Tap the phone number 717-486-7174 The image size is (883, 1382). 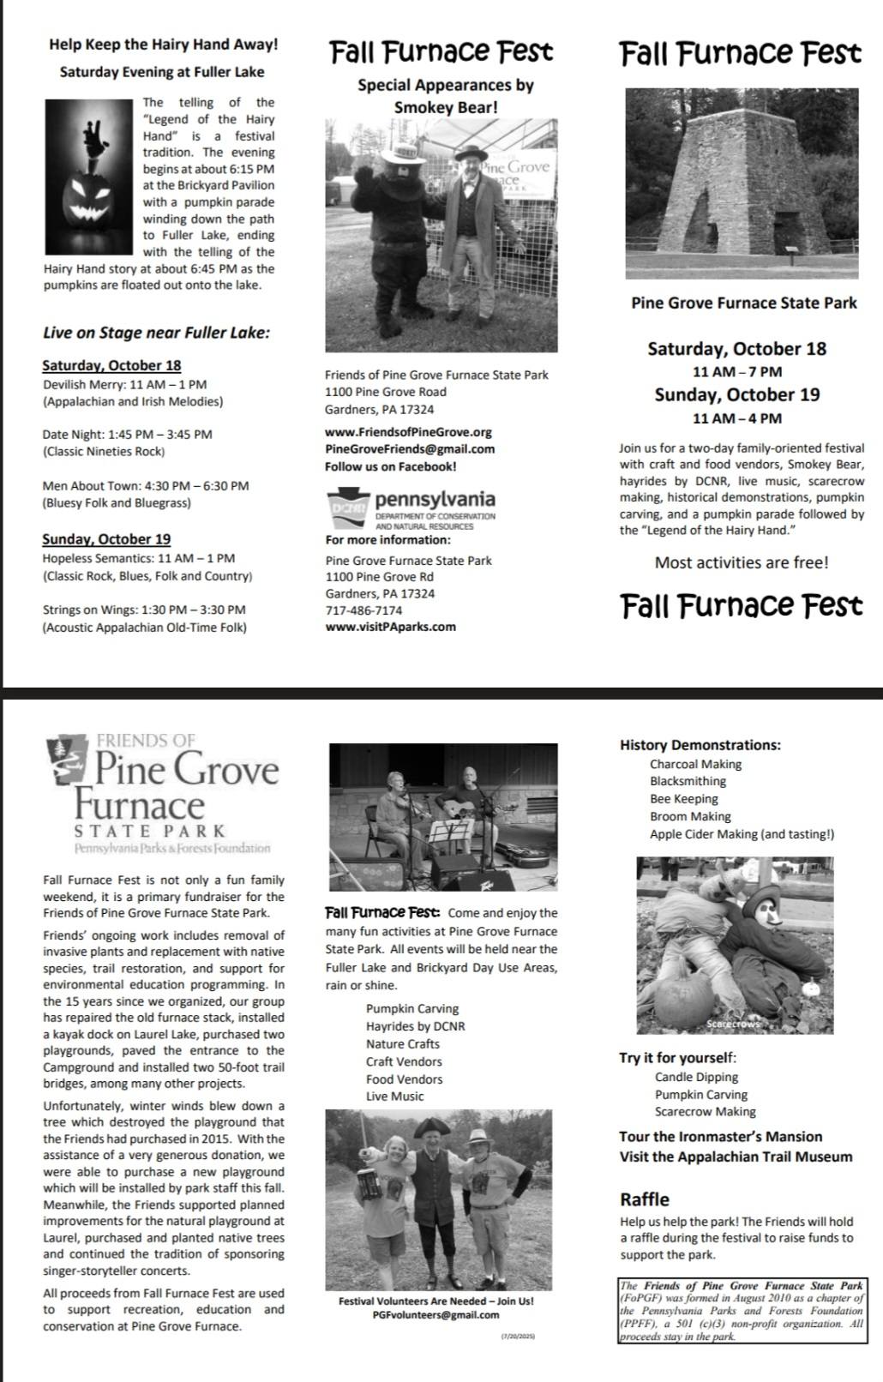click(363, 610)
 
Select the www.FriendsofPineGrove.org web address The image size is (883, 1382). click(408, 432)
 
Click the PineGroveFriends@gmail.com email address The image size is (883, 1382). click(410, 449)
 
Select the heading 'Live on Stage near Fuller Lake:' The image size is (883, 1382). click(156, 333)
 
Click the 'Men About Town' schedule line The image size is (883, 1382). click(146, 486)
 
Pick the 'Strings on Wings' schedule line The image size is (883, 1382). click(144, 610)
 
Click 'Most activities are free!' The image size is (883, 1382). click(742, 562)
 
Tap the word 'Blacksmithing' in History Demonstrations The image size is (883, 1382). click(688, 781)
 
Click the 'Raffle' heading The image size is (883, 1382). click(645, 1199)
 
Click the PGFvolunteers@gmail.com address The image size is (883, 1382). click(435, 1314)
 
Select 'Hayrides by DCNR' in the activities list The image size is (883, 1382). click(415, 1026)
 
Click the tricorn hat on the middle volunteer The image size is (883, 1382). click(427, 1128)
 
